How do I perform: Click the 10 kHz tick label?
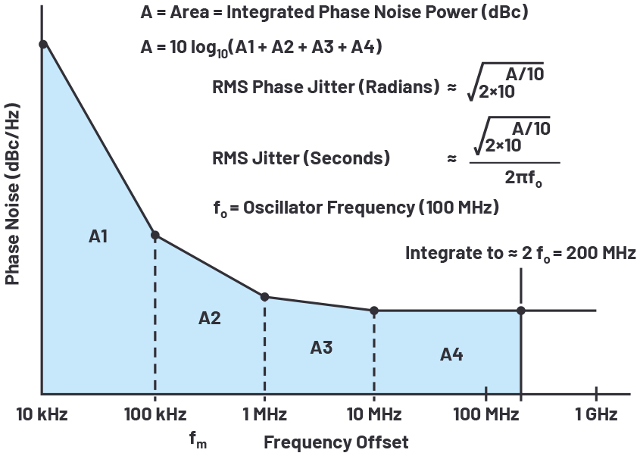point(42,414)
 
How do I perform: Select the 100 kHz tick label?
point(155,414)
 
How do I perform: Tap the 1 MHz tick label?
point(264,414)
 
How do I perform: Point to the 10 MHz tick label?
point(373,414)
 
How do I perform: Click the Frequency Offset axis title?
point(336,442)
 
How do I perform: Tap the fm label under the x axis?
point(196,439)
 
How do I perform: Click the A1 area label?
point(98,237)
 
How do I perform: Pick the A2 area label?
point(210,318)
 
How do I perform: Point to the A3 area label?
point(321,348)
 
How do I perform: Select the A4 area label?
point(451,354)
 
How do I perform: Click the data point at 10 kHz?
point(43,44)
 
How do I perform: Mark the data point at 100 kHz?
point(155,235)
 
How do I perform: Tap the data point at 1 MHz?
point(264,297)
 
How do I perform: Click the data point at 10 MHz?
point(373,311)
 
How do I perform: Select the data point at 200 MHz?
point(520,311)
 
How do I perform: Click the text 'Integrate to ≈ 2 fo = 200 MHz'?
point(520,253)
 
